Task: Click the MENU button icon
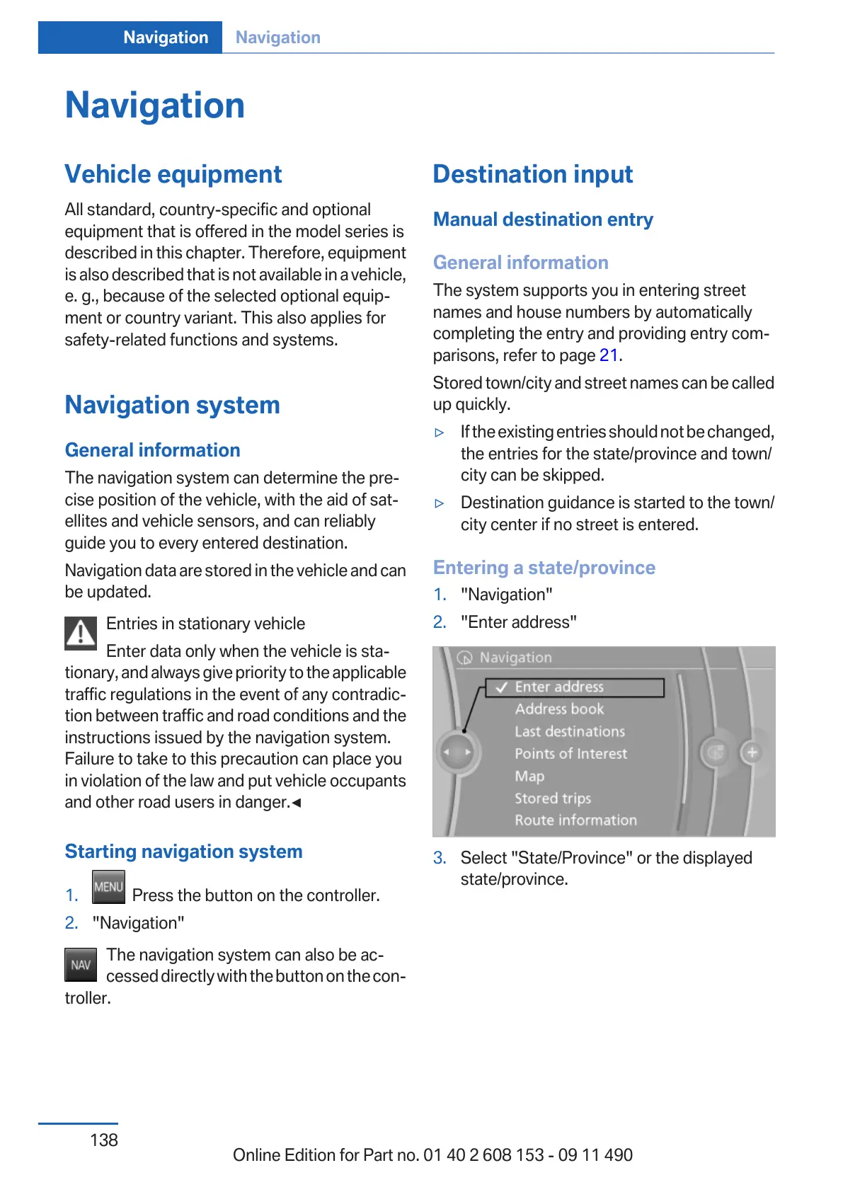click(108, 887)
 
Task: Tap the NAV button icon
click(81, 965)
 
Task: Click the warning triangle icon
click(81, 633)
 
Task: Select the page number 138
click(104, 1140)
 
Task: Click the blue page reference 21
click(609, 355)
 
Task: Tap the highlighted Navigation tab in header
click(166, 38)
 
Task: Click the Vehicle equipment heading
click(173, 174)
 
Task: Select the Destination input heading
click(533, 174)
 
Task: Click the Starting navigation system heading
click(183, 852)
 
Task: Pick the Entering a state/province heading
click(544, 568)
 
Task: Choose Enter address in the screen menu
click(559, 687)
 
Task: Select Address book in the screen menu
click(559, 709)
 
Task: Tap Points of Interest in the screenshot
click(570, 754)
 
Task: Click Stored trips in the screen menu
click(552, 798)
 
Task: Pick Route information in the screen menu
click(575, 820)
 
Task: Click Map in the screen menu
click(529, 776)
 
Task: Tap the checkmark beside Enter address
click(502, 687)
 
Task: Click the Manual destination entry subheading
click(543, 219)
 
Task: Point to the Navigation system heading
click(172, 405)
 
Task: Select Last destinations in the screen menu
click(570, 732)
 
